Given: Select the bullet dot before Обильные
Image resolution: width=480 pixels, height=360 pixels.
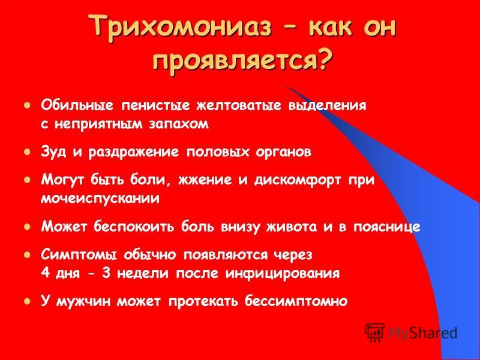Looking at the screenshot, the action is pyautogui.click(x=27, y=106).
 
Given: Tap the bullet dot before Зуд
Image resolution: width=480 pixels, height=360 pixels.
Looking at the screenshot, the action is pyautogui.click(x=27, y=152).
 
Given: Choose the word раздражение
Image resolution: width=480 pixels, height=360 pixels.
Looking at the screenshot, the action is pyautogui.click(x=133, y=152).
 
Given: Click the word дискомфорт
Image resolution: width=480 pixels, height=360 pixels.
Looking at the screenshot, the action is pyautogui.click(x=297, y=181).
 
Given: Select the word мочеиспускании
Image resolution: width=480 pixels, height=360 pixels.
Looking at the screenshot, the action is pyautogui.click(x=100, y=199).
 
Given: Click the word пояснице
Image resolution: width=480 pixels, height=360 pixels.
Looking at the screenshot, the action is pyautogui.click(x=386, y=227).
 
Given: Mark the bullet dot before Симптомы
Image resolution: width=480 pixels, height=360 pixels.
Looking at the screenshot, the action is pyautogui.click(x=27, y=254).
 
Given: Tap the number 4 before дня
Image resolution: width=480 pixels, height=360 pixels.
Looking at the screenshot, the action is pyautogui.click(x=46, y=274).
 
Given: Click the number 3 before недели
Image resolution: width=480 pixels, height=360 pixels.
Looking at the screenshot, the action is pyautogui.click(x=106, y=274).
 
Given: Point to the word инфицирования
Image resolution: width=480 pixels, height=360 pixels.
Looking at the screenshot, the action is pyautogui.click(x=283, y=274).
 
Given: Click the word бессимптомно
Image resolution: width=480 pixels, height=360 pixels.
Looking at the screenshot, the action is pyautogui.click(x=296, y=302).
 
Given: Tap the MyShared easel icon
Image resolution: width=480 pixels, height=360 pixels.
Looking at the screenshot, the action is pyautogui.click(x=374, y=333).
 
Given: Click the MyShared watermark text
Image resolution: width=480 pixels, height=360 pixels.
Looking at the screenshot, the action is pyautogui.click(x=422, y=333).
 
